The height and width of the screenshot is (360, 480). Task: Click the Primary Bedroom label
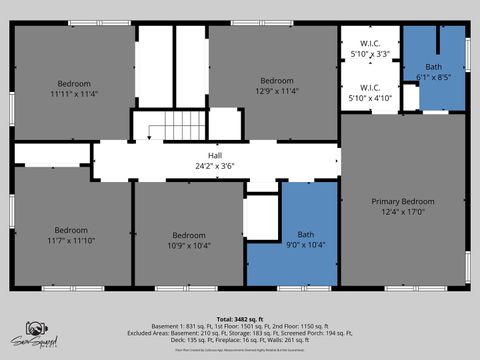click(x=403, y=200)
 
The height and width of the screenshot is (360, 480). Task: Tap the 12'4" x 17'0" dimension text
click(x=403, y=211)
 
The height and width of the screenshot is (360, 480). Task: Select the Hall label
click(x=215, y=155)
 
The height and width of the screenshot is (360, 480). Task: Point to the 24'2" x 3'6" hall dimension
click(x=215, y=166)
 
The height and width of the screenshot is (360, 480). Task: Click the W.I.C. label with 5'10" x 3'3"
click(x=370, y=44)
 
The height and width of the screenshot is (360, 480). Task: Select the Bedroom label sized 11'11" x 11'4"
click(x=74, y=83)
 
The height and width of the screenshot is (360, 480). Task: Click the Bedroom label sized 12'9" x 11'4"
click(x=277, y=81)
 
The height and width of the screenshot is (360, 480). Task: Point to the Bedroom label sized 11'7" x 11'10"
click(x=71, y=229)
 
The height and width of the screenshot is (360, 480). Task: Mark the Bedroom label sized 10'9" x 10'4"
click(x=189, y=234)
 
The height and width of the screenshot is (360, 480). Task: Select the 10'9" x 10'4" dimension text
click(x=189, y=245)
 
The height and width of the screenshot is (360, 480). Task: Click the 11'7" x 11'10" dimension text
click(x=71, y=240)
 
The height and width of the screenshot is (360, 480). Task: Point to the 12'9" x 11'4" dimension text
click(x=277, y=92)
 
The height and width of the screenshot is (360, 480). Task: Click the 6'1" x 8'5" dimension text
click(x=434, y=76)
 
